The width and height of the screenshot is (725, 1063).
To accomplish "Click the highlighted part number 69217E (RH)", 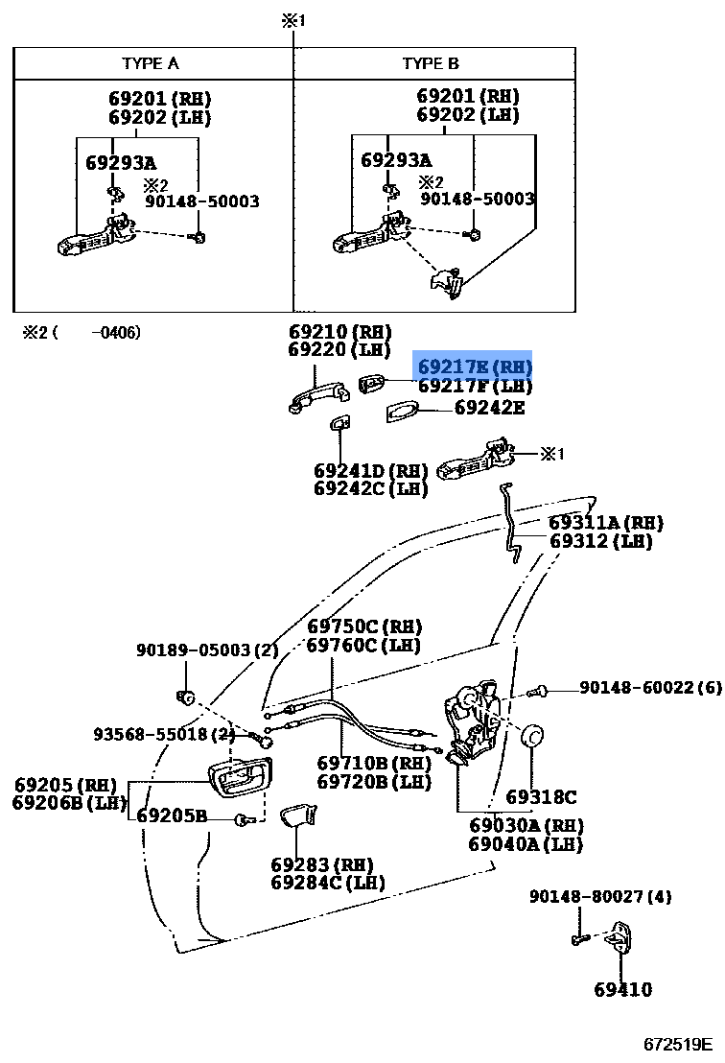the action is click(475, 366).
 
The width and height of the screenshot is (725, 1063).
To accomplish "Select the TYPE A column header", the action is click(151, 63).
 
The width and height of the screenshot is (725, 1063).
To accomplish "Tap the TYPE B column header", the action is click(431, 63).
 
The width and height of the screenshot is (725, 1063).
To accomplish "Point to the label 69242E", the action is click(489, 408).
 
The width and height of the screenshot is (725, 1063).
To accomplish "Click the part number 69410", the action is click(622, 990).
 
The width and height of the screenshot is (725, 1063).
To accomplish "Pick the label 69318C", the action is click(541, 796).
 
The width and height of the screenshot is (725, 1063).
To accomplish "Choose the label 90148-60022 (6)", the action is click(650, 688).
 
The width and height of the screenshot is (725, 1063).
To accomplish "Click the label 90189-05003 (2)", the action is click(207, 650).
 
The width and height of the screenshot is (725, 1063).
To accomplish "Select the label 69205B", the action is click(172, 815).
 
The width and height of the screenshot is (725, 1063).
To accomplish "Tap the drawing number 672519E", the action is click(678, 1045).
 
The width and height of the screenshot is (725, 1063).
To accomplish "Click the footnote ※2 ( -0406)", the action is click(82, 332).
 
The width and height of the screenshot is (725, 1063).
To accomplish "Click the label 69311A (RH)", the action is click(606, 523).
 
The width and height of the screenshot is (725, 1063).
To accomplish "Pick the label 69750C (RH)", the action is click(364, 627).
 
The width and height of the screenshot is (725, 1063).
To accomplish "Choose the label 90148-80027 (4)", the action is click(600, 897).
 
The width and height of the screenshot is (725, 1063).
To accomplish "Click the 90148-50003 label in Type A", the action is click(202, 201).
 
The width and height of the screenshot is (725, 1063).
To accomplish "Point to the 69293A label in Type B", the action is click(396, 160).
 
